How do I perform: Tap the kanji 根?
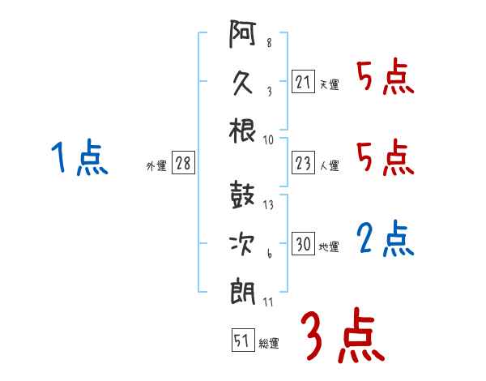pyautogui.click(x=243, y=130)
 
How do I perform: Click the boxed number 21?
pyautogui.click(x=303, y=82)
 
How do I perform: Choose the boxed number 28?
pyautogui.click(x=183, y=164)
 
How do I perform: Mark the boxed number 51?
pyautogui.click(x=242, y=340)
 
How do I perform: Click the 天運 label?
pyautogui.click(x=330, y=84)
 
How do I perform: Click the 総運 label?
pyautogui.click(x=269, y=343)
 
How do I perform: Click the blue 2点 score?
pyautogui.click(x=385, y=239)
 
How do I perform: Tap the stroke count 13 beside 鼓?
pyautogui.click(x=268, y=204)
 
